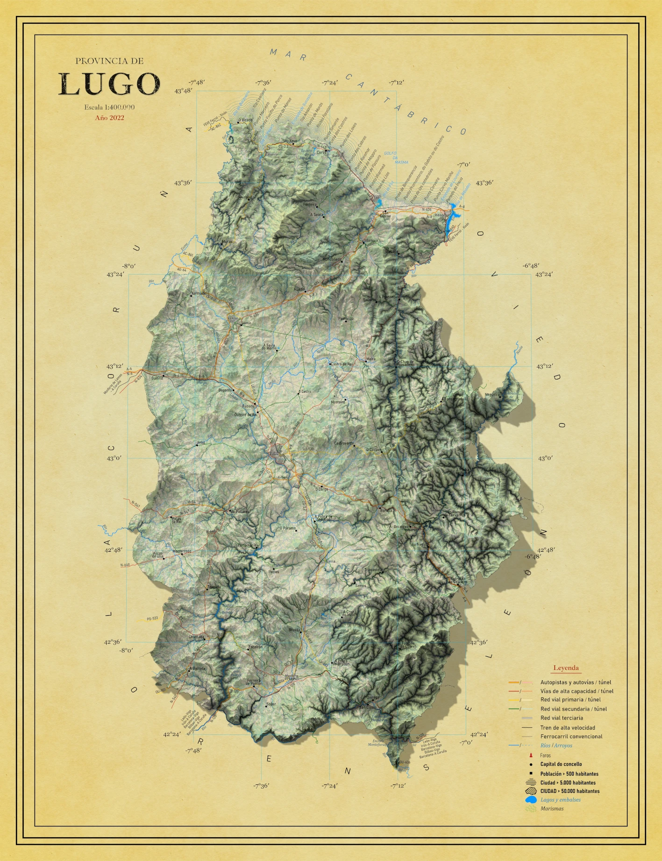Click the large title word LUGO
109,84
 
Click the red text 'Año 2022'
109,118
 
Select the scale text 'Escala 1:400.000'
109,107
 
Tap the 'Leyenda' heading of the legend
566,668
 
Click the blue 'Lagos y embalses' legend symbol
530,800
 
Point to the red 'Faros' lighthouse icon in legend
531,755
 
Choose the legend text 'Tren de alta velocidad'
568,727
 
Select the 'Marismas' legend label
552,809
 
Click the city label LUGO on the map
274,453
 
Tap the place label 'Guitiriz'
157,378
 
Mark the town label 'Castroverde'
344,443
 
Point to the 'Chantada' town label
196,637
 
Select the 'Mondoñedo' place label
332,259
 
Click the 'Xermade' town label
198,293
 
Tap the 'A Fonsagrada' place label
453,399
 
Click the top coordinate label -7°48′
197,83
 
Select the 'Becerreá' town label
401,527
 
